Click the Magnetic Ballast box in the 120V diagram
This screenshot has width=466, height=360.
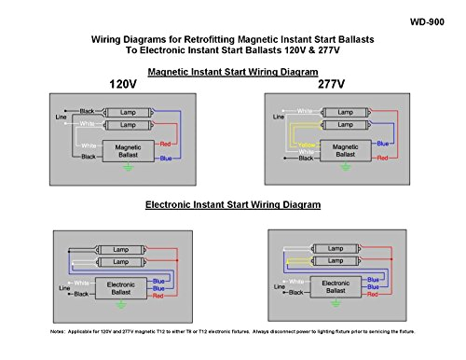[x=128, y=151]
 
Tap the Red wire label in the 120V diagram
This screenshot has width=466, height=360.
[x=165, y=145]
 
